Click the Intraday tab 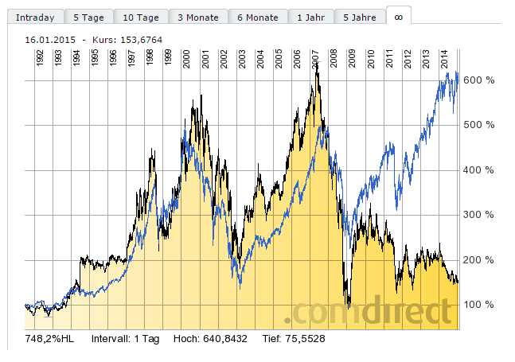tap(33, 17)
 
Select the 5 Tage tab tap(87, 17)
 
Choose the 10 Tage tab tap(141, 17)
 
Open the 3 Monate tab tap(198, 17)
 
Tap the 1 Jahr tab tap(310, 17)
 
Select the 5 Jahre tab tap(359, 17)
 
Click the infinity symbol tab tap(399, 15)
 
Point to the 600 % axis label tap(479, 80)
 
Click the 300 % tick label tap(479, 215)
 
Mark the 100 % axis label tap(479, 305)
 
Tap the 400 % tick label tap(479, 170)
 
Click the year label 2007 tap(315, 60)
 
